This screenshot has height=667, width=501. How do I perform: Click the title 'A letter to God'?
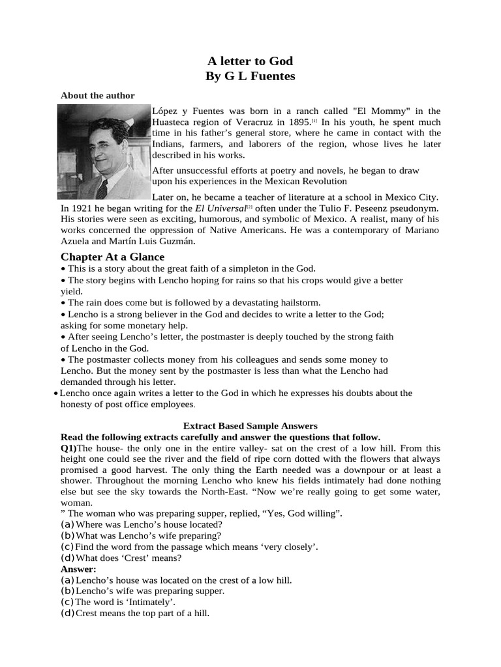250,61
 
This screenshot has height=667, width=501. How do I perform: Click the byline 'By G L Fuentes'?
250,76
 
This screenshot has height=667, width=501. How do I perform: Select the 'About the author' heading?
98,95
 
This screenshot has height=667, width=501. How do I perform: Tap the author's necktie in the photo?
102,188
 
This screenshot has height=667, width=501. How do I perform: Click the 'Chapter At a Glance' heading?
112,257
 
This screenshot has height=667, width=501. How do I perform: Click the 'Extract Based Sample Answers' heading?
250,425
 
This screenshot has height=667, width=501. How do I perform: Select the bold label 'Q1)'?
68,448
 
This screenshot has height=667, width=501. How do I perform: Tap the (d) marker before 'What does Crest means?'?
67,558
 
